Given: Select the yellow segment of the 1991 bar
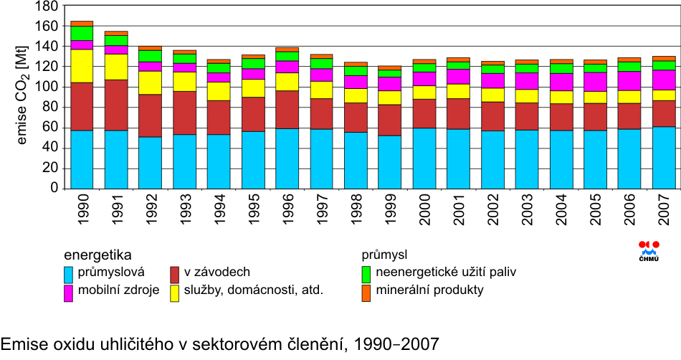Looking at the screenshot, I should point(116,67).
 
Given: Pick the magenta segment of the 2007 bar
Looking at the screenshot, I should point(664,80).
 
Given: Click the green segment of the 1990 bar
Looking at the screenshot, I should point(82,33).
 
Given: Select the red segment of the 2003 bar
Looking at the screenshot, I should point(526,116).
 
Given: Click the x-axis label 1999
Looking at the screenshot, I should point(390,211).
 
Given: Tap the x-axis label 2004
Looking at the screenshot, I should point(561,211).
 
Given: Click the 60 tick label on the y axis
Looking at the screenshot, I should point(50,128).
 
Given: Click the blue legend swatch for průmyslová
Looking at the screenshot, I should point(70,273).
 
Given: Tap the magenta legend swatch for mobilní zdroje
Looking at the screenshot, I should point(70,293).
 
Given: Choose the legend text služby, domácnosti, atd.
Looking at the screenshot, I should point(254,290).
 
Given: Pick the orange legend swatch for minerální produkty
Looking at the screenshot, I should point(366,293).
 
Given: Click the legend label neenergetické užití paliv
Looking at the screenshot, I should point(446,272).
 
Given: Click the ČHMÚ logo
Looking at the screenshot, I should point(649,251).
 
